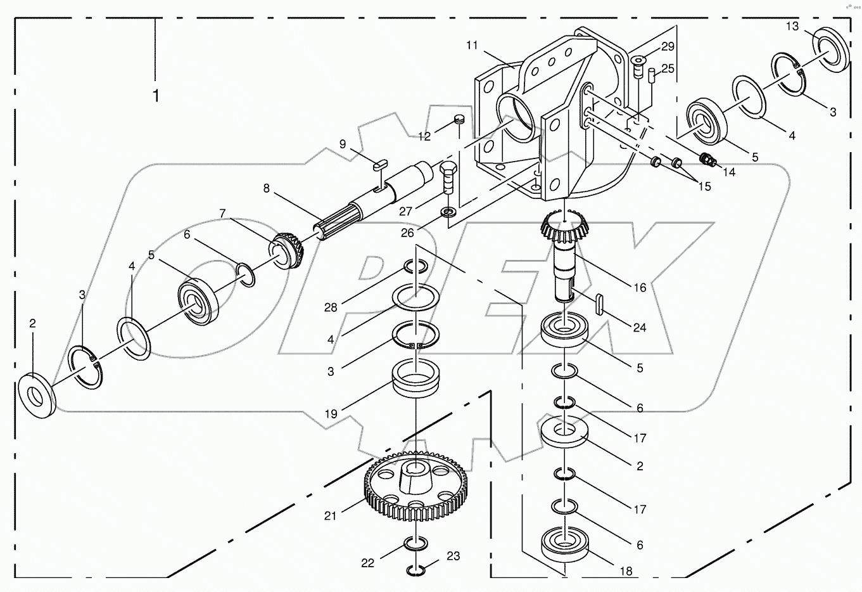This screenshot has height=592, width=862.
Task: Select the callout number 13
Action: (792, 26)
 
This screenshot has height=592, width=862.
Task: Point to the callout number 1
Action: (155, 96)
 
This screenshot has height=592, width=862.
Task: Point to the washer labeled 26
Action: (448, 211)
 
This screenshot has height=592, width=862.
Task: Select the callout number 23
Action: (452, 557)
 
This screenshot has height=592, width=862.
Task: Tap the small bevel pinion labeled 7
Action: (288, 248)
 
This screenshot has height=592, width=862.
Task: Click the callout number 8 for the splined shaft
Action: (267, 188)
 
